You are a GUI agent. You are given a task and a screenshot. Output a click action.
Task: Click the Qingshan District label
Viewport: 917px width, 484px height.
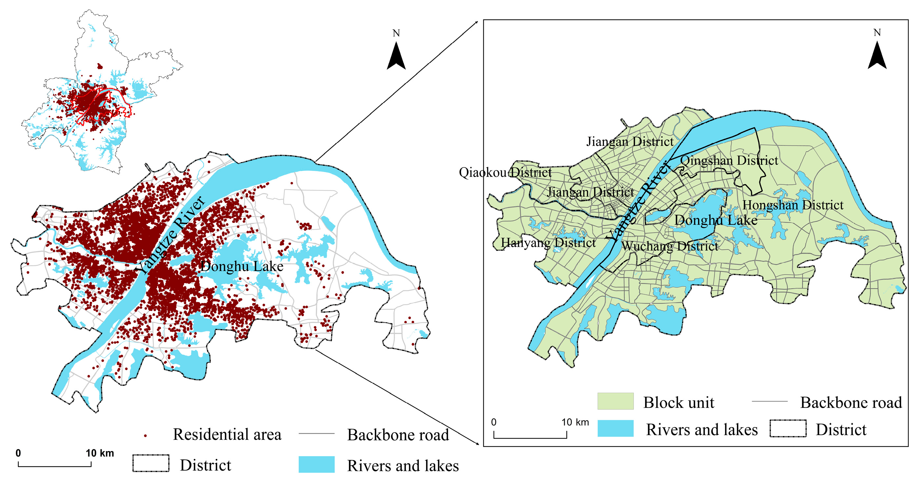click(729, 160)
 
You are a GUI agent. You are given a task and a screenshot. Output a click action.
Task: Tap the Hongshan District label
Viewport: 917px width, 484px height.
click(793, 205)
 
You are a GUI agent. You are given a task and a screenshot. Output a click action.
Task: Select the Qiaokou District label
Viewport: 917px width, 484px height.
click(505, 172)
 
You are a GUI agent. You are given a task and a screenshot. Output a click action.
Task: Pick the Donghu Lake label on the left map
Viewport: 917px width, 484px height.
click(242, 266)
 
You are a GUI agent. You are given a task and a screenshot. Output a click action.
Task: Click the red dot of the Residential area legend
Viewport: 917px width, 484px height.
click(145, 436)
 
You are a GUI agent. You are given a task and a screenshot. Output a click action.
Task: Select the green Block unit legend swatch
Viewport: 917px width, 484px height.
click(615, 401)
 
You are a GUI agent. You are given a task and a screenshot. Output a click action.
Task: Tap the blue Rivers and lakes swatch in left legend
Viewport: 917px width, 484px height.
click(316, 464)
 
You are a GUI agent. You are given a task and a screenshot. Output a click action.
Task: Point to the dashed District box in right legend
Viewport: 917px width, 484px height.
click(788, 428)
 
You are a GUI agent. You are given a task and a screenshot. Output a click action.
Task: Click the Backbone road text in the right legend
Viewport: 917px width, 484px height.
click(851, 403)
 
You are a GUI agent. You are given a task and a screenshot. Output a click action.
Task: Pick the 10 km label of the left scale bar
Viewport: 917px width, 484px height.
click(100, 453)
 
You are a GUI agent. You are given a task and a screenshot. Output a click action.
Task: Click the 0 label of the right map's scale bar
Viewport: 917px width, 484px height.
click(493, 422)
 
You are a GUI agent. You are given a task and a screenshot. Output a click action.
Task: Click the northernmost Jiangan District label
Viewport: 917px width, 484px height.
click(630, 141)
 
